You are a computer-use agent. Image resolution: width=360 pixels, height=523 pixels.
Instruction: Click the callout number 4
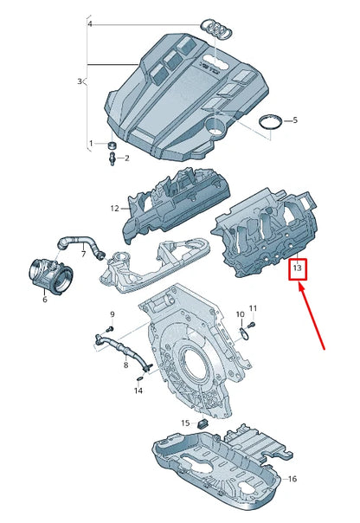pyautogui.click(x=89, y=24)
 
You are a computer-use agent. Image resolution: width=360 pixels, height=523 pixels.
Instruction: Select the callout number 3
pyautogui.click(x=79, y=81)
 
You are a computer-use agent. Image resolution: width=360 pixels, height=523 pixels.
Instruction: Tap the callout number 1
pyautogui.click(x=90, y=143)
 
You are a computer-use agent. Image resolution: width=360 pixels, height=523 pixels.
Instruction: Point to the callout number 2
pyautogui.click(x=126, y=158)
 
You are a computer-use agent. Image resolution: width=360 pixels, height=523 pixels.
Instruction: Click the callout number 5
pyautogui.click(x=294, y=119)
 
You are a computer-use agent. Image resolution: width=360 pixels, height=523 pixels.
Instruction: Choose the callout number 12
pyautogui.click(x=113, y=208)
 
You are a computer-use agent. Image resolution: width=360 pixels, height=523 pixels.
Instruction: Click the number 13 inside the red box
pyautogui.click(x=297, y=268)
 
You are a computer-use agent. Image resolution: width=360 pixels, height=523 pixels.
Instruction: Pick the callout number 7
pyautogui.click(x=84, y=254)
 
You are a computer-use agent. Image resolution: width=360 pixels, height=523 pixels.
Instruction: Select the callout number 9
pyautogui.click(x=111, y=313)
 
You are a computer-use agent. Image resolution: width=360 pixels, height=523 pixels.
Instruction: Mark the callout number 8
pyautogui.click(x=125, y=366)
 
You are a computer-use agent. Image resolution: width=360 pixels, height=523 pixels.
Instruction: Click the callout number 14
pyautogui.click(x=138, y=391)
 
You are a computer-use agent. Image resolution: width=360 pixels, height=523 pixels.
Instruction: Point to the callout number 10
pyautogui.click(x=240, y=313)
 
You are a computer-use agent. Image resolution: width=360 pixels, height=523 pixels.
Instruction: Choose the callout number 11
pyautogui.click(x=254, y=308)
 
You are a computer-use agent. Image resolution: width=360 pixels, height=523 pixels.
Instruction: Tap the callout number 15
pyautogui.click(x=184, y=423)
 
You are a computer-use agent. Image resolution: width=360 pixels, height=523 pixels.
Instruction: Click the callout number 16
pyautogui.click(x=292, y=479)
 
